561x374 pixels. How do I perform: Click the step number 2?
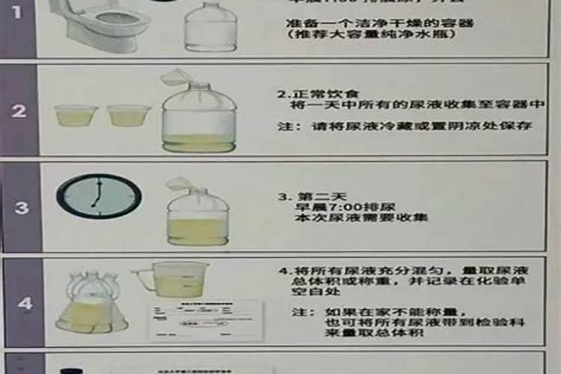point(19,111)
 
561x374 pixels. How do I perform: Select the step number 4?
point(25,304)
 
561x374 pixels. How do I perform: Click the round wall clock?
point(98,196)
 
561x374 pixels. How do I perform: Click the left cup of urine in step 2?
point(76,114)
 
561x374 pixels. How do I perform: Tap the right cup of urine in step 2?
point(129,114)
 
